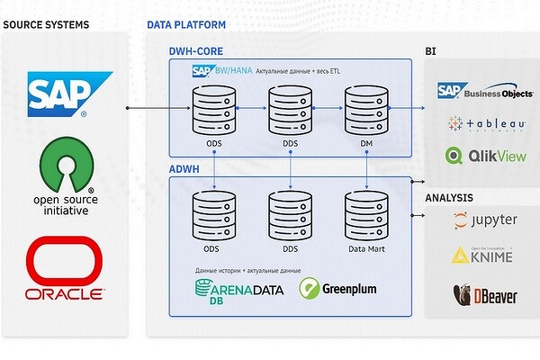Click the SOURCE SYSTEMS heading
point(46,24)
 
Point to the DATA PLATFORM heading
point(186,24)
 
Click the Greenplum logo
point(337,289)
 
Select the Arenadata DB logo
point(238,292)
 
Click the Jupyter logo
point(485,220)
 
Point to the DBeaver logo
point(484,294)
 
